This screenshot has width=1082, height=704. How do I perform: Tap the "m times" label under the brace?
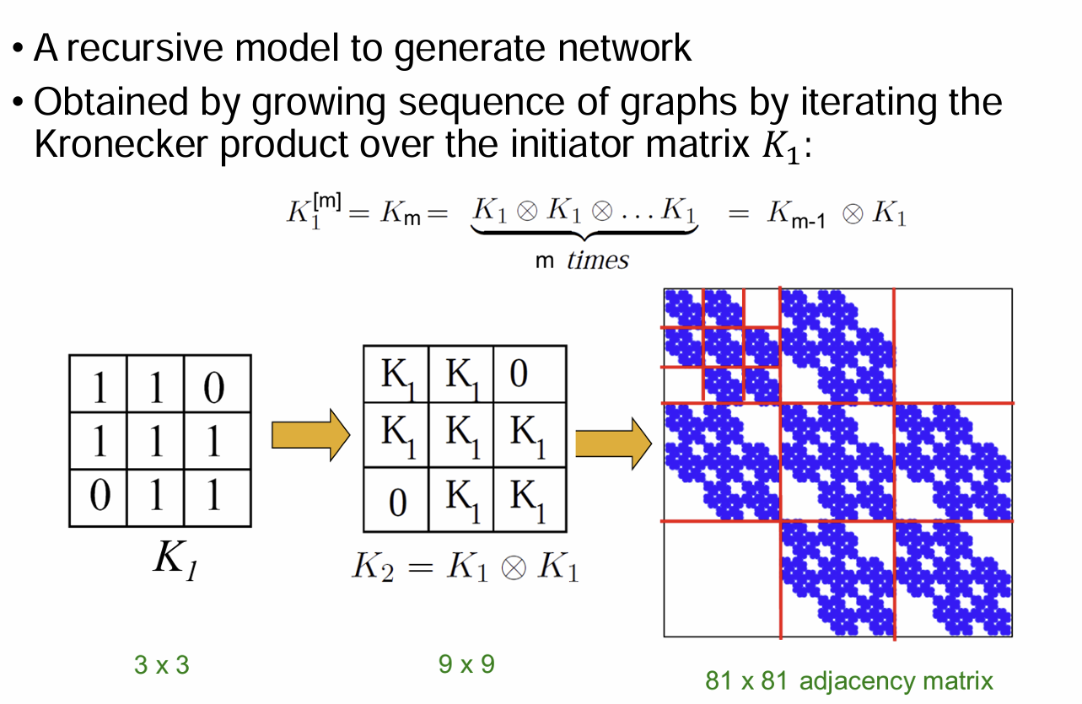(x=582, y=261)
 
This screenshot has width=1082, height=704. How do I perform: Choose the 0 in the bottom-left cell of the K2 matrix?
(x=396, y=502)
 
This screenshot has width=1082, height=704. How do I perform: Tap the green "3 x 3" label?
(x=162, y=665)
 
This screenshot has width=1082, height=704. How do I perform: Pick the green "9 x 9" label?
(x=466, y=664)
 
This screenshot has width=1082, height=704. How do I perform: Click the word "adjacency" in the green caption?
(x=849, y=681)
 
